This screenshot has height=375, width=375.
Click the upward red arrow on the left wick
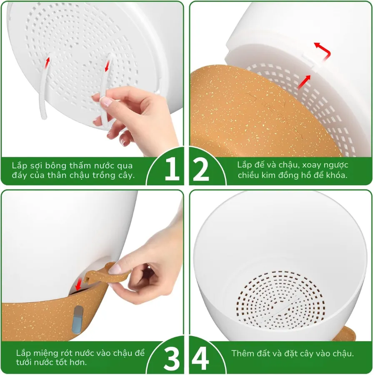pyautogui.click(x=47, y=62)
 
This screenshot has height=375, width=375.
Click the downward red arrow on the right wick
pyautogui.click(x=107, y=66)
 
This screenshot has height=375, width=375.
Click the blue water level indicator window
pyautogui.click(x=78, y=320)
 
